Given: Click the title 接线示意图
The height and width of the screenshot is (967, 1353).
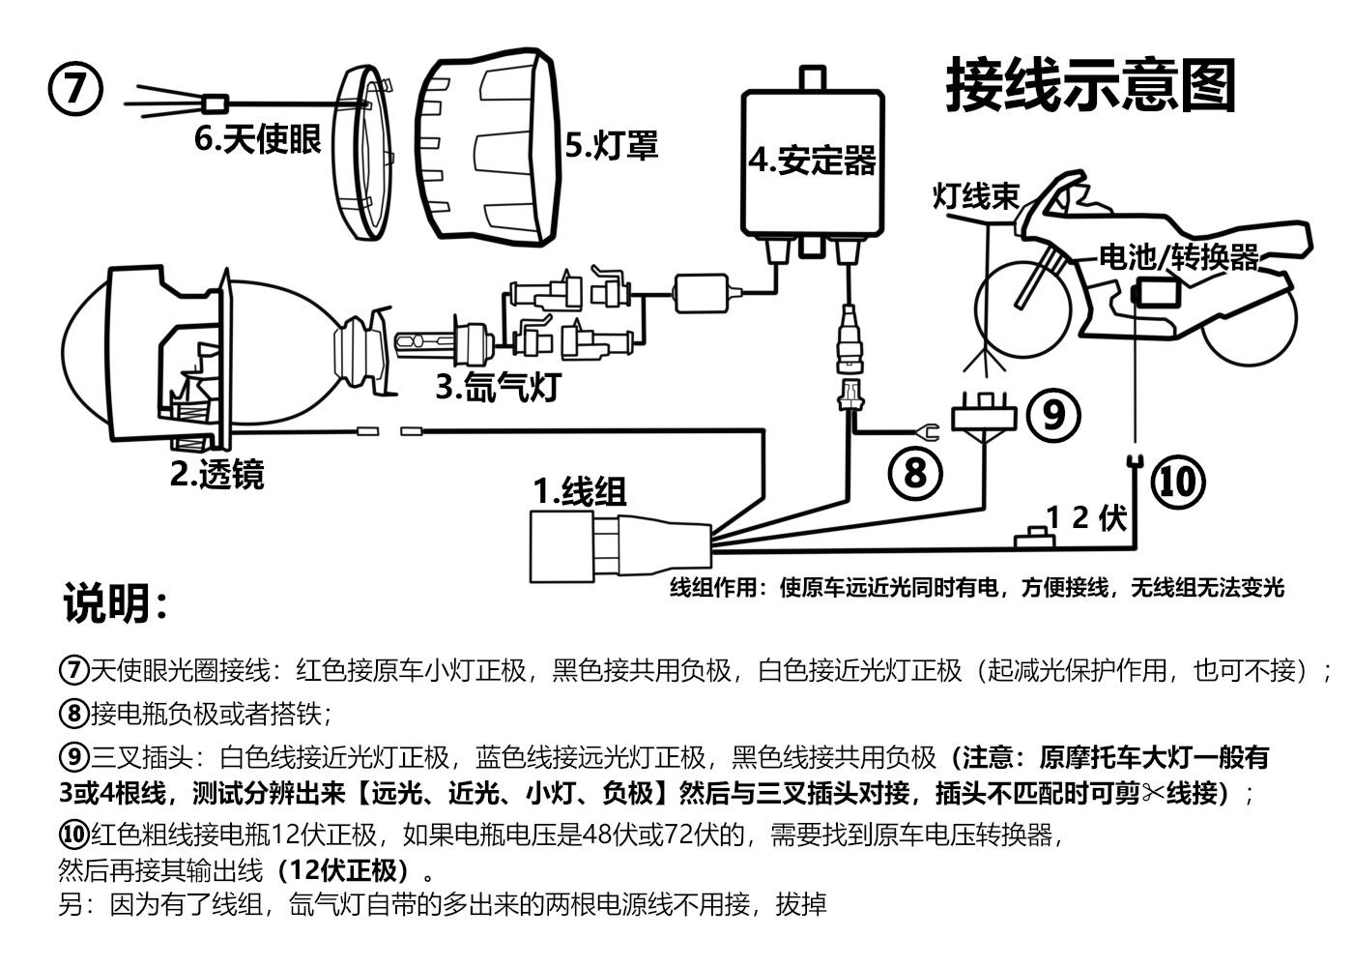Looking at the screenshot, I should click(1091, 85).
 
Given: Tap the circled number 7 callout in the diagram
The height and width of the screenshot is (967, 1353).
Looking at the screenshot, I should click(74, 90).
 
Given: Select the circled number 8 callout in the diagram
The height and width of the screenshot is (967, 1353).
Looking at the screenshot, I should click(914, 473).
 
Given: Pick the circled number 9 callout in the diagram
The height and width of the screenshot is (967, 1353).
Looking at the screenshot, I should click(1053, 414).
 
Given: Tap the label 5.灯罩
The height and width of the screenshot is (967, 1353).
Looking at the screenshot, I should click(611, 145).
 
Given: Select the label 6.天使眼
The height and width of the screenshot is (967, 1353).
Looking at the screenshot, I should click(257, 139).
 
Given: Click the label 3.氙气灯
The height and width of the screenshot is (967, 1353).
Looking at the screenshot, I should click(497, 386).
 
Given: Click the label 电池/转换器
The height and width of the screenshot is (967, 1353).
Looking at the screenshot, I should click(1179, 257).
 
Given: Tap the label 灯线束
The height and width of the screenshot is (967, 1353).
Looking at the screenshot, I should click(975, 196).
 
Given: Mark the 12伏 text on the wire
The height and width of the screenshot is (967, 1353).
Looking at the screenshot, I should click(1086, 517).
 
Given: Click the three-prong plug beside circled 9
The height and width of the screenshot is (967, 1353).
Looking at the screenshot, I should click(985, 415).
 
